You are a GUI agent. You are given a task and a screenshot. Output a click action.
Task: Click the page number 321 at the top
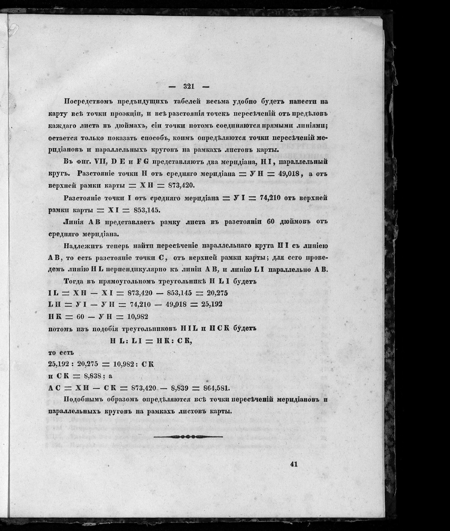(x=189, y=87)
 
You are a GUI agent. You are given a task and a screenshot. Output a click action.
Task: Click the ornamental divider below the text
(x=188, y=437)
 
